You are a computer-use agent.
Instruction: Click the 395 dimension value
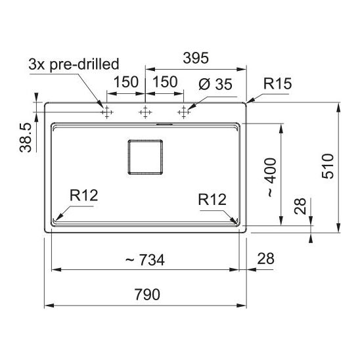coord(196,58)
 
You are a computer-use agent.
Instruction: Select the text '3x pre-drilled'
coord(74,64)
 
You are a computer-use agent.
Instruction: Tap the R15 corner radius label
coord(277,83)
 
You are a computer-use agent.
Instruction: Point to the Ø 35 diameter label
coord(215,84)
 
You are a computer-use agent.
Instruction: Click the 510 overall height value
coord(328,166)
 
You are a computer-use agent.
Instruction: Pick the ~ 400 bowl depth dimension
coord(271,177)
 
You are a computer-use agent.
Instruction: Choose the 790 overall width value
coord(147,294)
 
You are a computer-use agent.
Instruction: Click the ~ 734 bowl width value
coord(145,260)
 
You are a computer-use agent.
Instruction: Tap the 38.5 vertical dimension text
coord(26,138)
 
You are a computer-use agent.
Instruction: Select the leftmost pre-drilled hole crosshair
coord(107,112)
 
